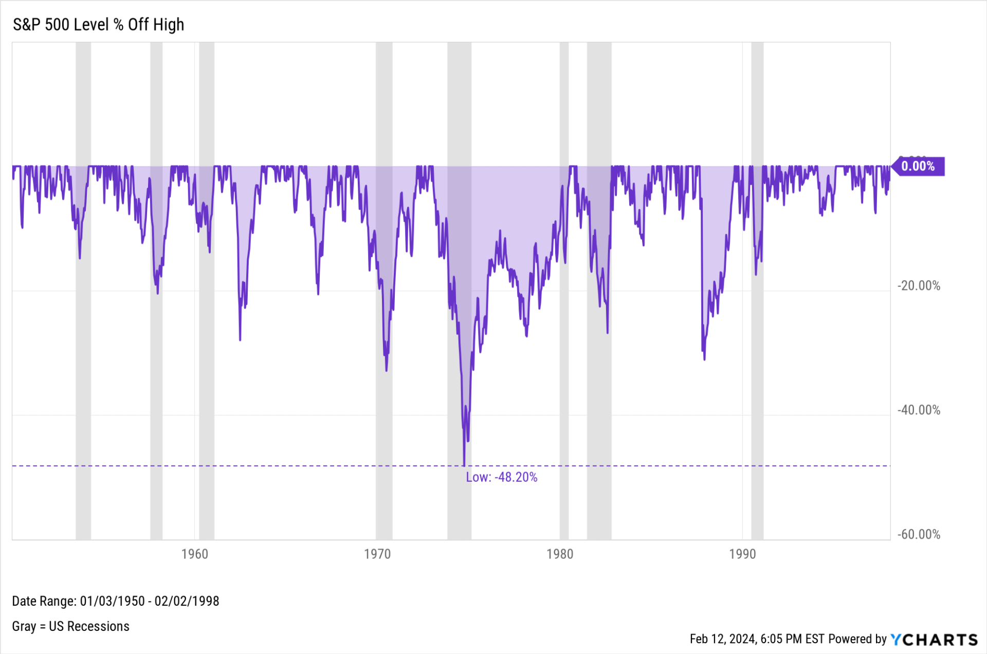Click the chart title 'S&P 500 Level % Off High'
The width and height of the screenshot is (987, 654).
click(x=98, y=25)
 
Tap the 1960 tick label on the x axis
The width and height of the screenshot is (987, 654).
click(x=195, y=554)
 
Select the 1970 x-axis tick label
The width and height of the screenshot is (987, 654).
click(x=377, y=554)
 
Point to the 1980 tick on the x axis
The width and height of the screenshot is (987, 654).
click(x=560, y=554)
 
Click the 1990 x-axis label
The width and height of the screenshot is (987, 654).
click(x=742, y=554)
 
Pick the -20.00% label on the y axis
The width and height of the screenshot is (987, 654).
click(x=919, y=286)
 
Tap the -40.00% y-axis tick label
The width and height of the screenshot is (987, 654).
click(x=919, y=410)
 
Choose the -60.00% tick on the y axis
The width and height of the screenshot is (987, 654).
click(x=919, y=535)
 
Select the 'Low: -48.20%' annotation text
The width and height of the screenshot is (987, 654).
click(x=502, y=477)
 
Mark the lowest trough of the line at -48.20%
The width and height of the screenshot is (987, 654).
click(x=464, y=465)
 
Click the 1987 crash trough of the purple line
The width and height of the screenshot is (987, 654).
click(x=704, y=358)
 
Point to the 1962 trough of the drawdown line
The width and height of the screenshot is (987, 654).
click(x=240, y=339)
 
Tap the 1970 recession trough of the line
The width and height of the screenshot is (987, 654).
click(x=387, y=370)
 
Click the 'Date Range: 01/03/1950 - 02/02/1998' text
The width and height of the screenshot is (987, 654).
click(x=116, y=601)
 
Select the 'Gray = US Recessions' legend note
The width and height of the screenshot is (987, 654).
click(x=71, y=626)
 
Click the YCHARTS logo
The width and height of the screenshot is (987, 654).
click(x=934, y=640)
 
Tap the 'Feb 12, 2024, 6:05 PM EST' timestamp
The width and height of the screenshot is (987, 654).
click(x=757, y=639)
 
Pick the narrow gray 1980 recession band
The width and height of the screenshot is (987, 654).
click(x=564, y=291)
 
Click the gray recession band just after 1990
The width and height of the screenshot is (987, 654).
click(x=757, y=291)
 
